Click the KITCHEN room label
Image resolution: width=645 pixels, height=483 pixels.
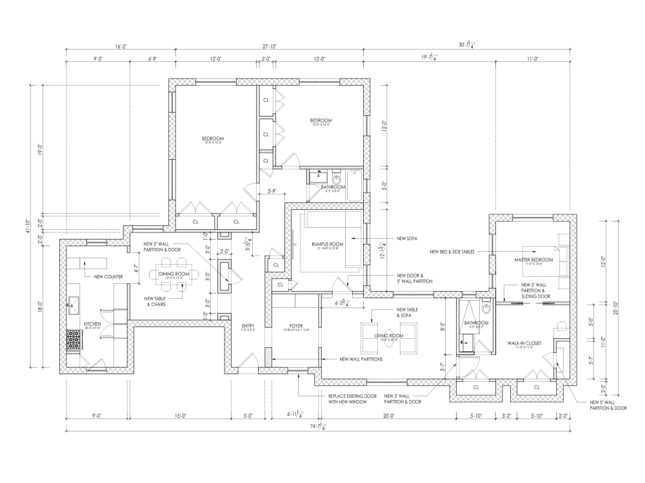(x=92, y=323)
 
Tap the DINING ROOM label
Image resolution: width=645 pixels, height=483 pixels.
(x=174, y=274)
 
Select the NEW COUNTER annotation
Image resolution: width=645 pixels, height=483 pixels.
(x=108, y=277)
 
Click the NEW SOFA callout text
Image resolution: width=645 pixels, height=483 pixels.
(x=407, y=238)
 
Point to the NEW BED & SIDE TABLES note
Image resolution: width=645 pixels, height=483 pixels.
(x=452, y=252)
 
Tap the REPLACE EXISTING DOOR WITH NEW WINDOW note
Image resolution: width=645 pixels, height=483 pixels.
(x=348, y=399)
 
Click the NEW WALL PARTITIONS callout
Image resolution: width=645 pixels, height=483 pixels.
(x=362, y=359)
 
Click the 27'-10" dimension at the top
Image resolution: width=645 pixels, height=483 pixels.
(x=270, y=46)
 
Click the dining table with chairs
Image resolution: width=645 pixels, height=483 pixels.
(x=174, y=276)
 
